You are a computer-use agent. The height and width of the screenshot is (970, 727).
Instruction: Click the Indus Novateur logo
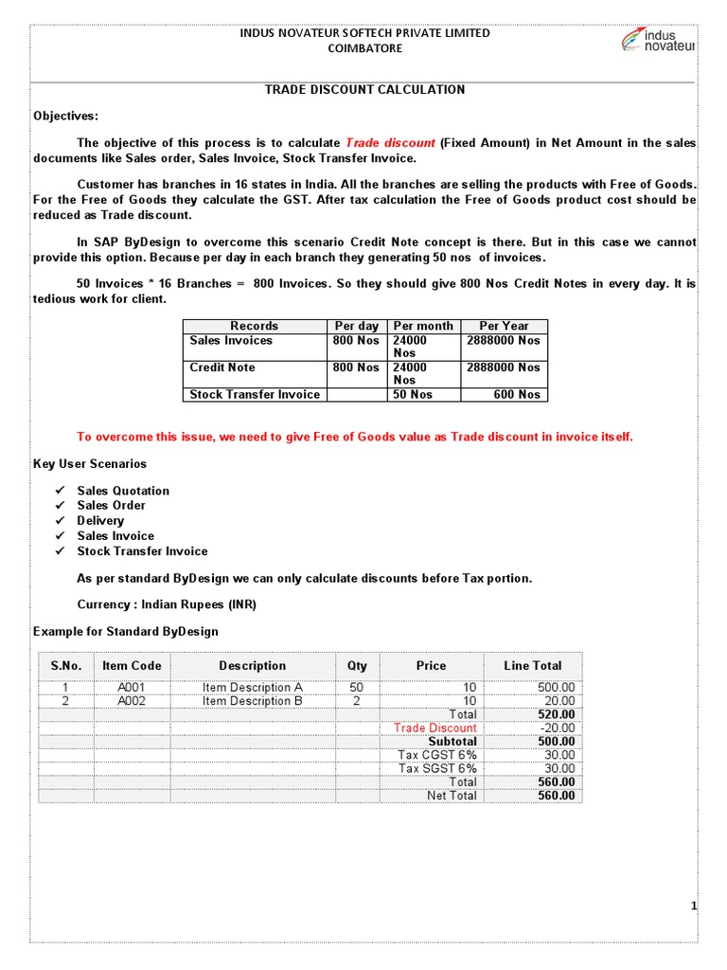658,41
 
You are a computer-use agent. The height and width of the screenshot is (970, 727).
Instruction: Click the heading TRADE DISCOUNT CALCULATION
363,89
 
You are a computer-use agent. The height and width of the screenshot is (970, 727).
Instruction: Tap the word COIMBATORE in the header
364,48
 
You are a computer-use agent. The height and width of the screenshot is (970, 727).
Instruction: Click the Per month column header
423,326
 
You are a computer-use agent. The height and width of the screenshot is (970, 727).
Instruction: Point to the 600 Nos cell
517,394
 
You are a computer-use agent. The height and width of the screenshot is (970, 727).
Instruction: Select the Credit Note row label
222,368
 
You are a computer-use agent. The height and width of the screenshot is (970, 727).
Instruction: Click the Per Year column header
504,326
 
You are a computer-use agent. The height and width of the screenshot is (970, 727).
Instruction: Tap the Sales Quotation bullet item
123,491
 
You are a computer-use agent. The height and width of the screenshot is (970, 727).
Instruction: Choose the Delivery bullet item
100,521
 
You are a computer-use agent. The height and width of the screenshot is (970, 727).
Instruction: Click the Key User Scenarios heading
90,464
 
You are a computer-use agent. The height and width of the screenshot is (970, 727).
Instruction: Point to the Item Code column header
132,666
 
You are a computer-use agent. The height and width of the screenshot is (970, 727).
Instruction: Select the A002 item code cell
132,701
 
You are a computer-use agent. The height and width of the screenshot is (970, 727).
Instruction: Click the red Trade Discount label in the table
435,727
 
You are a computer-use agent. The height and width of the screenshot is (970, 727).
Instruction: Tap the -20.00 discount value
557,727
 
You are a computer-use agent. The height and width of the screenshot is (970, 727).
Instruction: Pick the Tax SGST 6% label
437,768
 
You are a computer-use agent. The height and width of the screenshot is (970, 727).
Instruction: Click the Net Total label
452,796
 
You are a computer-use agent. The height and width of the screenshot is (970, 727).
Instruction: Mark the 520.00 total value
556,714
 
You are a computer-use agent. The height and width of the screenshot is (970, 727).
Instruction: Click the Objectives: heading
65,116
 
